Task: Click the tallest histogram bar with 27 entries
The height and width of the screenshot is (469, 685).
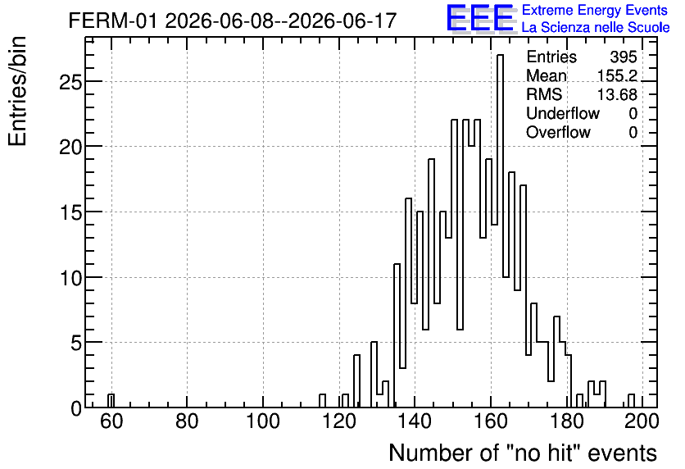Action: tap(500, 231)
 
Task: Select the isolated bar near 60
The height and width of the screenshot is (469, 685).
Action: tap(111, 401)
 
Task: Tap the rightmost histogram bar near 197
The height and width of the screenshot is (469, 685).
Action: tap(631, 401)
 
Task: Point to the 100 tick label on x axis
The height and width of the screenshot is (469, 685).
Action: tap(262, 421)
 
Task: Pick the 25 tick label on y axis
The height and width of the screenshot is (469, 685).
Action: tap(70, 82)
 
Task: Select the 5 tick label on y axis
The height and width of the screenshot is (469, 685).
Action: tap(76, 343)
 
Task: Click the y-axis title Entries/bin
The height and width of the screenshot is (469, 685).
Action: tap(18, 91)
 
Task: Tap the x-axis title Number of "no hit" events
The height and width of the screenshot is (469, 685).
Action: tap(523, 453)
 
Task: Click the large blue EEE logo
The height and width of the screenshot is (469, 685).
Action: tap(480, 18)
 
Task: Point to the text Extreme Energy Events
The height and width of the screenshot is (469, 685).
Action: tap(595, 10)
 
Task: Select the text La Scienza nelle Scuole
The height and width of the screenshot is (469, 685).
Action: tap(596, 28)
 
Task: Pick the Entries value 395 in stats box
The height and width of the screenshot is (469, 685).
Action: tap(624, 57)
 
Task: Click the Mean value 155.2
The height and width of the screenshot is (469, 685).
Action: tap(617, 75)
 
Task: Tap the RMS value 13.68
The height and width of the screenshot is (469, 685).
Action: tap(617, 94)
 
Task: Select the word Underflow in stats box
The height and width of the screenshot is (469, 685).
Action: tap(563, 113)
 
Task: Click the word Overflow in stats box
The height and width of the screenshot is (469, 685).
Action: tap(558, 132)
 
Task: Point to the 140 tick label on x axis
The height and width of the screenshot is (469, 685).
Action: tap(415, 421)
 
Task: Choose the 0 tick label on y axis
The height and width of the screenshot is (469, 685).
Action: tap(76, 408)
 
